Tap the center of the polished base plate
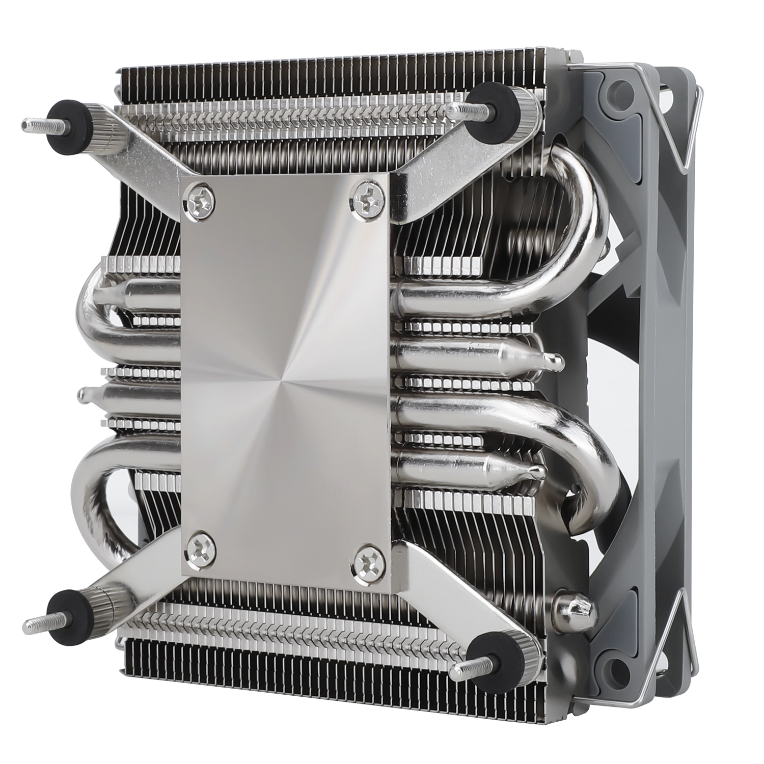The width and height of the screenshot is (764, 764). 285,377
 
